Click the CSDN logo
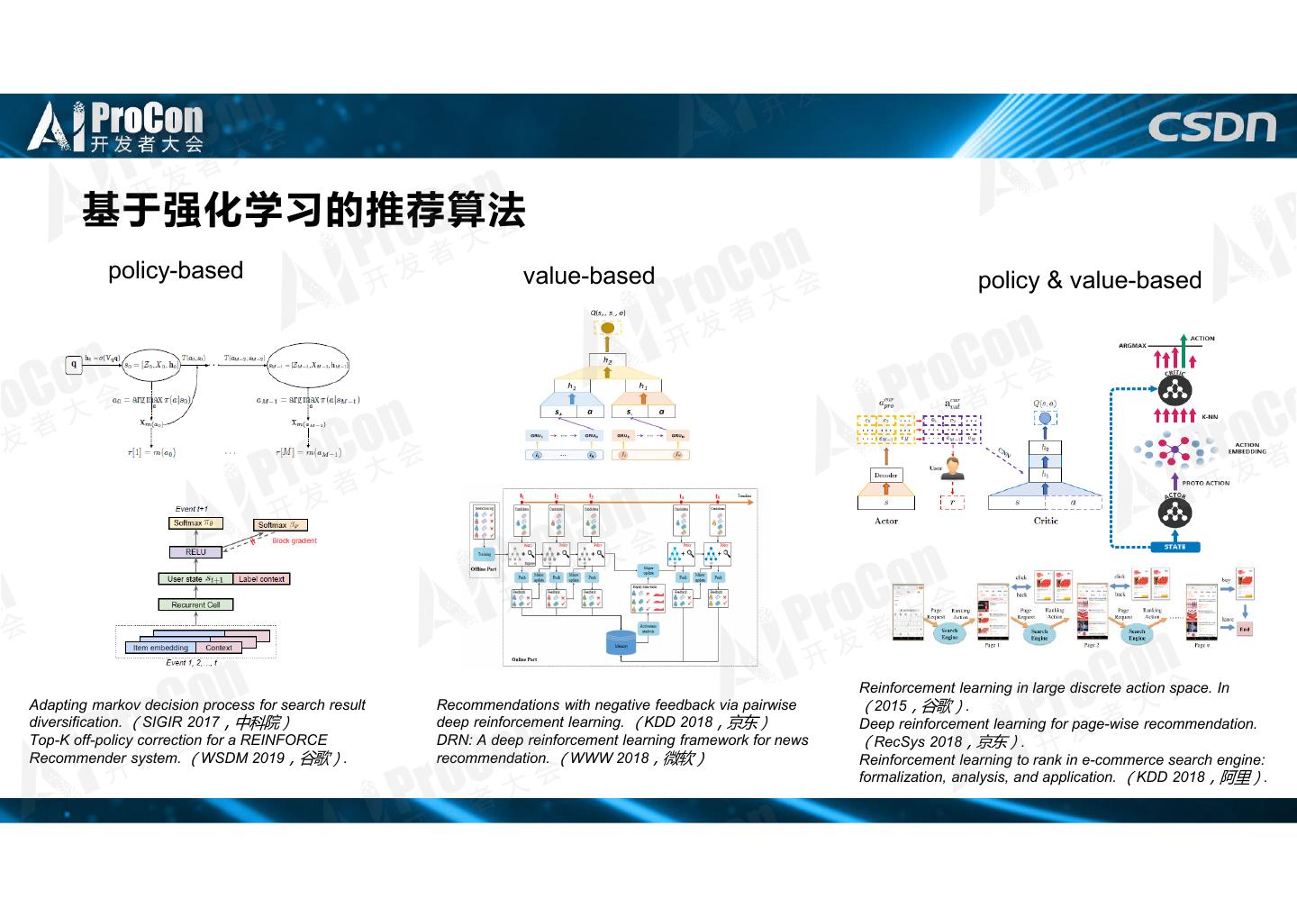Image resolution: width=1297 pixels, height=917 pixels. [1211, 127]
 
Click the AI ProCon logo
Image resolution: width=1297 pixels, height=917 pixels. [116, 126]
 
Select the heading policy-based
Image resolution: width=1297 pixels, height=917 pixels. [176, 270]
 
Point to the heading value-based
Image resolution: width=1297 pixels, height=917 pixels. [589, 276]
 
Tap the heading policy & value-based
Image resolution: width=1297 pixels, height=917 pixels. [1090, 280]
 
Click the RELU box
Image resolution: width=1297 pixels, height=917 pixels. [195, 552]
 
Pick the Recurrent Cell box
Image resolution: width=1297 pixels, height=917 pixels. [195, 604]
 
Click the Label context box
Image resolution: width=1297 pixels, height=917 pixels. [261, 579]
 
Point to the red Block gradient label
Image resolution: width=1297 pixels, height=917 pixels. [295, 541]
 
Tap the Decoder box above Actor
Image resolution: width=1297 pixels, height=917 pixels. [885, 475]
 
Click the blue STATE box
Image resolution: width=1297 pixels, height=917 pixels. [1175, 547]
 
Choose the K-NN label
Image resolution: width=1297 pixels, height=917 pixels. [1209, 417]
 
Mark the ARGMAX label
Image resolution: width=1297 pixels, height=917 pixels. [1132, 346]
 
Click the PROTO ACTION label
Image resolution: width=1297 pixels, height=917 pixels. [1205, 484]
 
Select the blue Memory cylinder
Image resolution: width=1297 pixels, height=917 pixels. [621, 642]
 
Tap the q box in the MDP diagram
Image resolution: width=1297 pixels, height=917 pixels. [74, 364]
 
